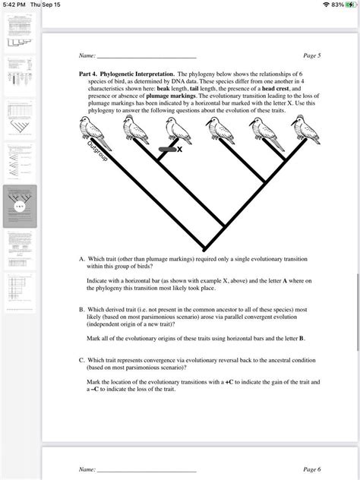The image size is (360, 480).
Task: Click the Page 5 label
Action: coord(311,55)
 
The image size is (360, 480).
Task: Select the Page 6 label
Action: coord(311,470)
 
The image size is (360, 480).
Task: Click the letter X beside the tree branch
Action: coord(180,150)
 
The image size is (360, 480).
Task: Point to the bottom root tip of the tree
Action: coord(204,248)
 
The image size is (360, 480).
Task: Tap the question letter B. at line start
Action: coord(81,309)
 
